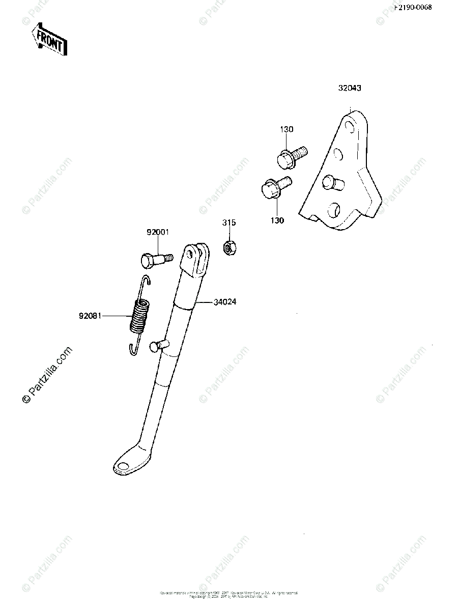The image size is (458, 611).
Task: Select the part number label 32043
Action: tap(350, 88)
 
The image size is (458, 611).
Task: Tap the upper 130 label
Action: tap(287, 130)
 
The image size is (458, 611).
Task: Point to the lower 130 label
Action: tap(277, 220)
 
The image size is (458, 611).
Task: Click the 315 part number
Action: tap(229, 223)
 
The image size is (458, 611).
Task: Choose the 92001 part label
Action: tap(158, 233)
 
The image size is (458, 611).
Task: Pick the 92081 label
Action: tap(90, 316)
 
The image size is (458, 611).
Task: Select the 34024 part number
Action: tap(225, 302)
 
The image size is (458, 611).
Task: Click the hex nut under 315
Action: tap(229, 247)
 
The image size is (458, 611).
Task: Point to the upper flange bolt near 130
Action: tap(291, 155)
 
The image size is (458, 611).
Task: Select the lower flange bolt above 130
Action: tap(275, 188)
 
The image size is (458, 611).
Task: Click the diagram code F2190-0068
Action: tap(423, 8)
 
